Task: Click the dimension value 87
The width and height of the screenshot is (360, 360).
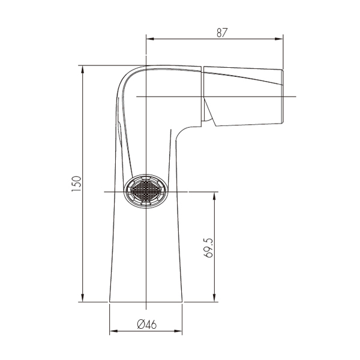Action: pyautogui.click(x=222, y=33)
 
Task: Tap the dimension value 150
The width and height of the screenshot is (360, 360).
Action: pyautogui.click(x=76, y=184)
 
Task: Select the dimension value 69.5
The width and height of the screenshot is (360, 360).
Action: pyautogui.click(x=208, y=248)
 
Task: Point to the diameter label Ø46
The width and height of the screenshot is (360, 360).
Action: pyautogui.click(x=147, y=325)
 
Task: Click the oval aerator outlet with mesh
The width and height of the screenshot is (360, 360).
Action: pyautogui.click(x=146, y=191)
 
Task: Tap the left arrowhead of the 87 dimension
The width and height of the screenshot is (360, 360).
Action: pyautogui.click(x=150, y=39)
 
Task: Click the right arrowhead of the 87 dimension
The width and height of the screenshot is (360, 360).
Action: pyautogui.click(x=279, y=39)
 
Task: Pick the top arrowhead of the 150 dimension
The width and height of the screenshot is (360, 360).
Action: pyautogui.click(x=83, y=70)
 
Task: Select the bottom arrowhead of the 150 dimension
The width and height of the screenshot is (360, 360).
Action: pyautogui.click(x=83, y=298)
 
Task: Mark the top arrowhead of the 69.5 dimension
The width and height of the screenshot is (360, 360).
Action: pyautogui.click(x=214, y=196)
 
